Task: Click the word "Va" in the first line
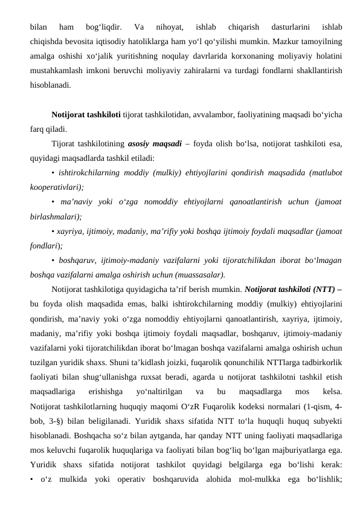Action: tap(139, 27)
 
